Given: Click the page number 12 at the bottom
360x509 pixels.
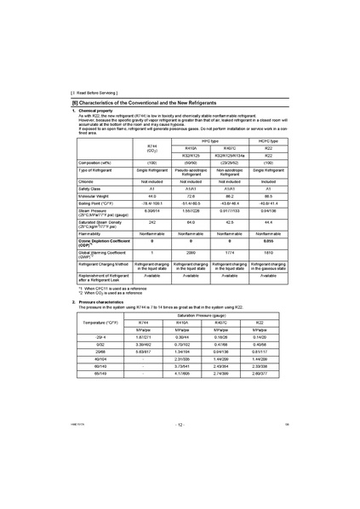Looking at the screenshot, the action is tap(179, 494).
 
